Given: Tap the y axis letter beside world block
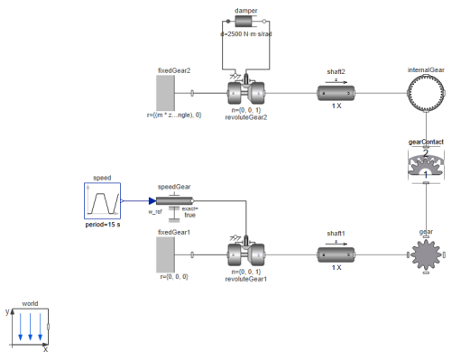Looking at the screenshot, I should pyautogui.click(x=7, y=310).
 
